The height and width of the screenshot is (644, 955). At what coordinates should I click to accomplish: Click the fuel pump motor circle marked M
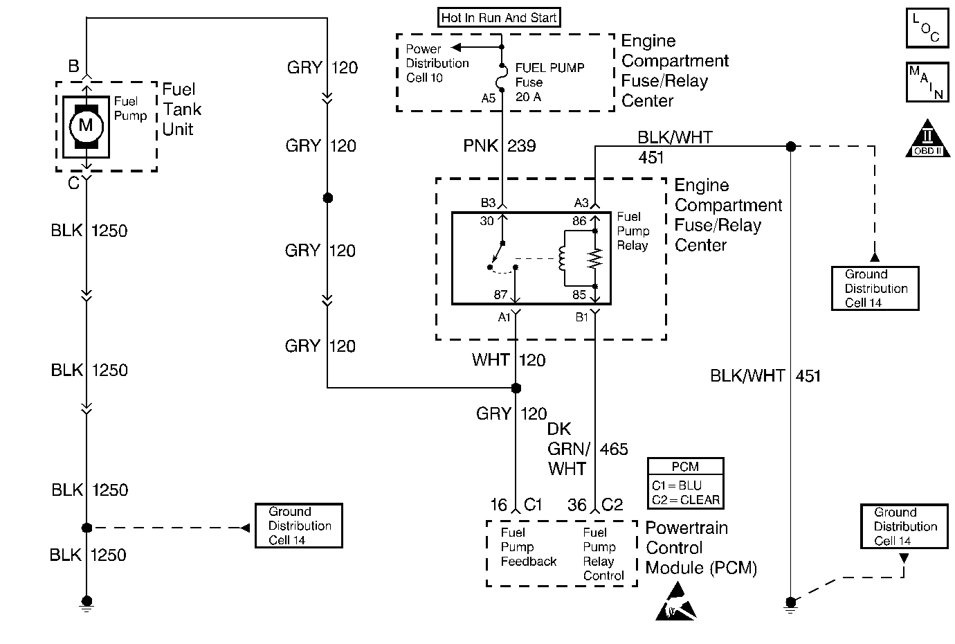pos(86,126)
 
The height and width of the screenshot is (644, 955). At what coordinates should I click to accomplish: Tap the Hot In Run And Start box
pos(499,18)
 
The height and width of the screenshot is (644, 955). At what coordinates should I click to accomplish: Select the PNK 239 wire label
pos(499,146)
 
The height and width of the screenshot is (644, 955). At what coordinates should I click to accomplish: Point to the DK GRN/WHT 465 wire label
pos(587,449)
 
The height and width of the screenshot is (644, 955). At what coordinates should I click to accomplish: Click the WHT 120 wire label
pos(509,360)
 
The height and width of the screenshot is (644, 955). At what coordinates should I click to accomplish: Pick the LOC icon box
pos(926,28)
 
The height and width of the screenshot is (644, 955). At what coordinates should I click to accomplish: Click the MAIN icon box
pos(926,82)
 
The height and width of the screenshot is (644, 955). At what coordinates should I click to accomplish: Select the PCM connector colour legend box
pos(685,483)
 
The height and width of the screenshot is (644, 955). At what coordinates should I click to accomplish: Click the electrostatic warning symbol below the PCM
pos(675,601)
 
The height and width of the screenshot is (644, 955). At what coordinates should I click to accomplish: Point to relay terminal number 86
pos(579,222)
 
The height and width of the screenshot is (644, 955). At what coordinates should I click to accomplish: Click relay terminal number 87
pos(501,295)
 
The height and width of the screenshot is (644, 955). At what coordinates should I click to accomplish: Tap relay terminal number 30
pos(487,222)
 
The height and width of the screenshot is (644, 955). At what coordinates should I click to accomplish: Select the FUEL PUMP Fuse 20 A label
pos(549,82)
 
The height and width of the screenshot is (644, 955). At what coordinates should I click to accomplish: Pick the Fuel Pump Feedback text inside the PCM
pos(528,547)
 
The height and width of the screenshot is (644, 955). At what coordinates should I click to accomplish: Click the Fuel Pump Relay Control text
pos(603,554)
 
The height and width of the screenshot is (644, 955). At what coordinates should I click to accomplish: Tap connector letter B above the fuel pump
pos(73,67)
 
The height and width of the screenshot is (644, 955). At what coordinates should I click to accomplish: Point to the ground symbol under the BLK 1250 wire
pos(87,604)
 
